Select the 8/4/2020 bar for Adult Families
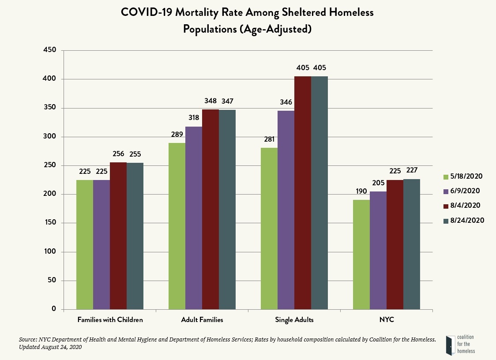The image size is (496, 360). click(210, 209)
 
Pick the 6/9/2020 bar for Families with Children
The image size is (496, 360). click(101, 244)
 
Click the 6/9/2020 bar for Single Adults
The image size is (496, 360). click(286, 210)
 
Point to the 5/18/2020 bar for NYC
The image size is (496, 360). click(361, 254)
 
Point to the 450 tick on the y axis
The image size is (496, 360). click(50, 50)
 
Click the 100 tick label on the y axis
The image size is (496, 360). click(50, 252)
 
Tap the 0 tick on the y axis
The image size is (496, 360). click(54, 309)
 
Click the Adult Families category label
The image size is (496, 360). click(202, 320)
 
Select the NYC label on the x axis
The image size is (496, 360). click(387, 320)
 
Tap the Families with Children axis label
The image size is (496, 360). click(110, 320)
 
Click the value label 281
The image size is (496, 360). click(269, 139)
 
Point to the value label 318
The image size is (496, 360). click(194, 118)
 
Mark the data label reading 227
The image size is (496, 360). click(412, 170)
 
